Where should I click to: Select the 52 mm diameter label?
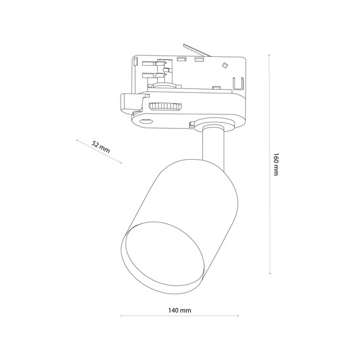[x=100, y=147]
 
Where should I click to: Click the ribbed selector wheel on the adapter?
[x=165, y=106]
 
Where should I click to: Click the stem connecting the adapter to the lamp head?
[x=213, y=145]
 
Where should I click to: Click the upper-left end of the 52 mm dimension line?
[x=76, y=139]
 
